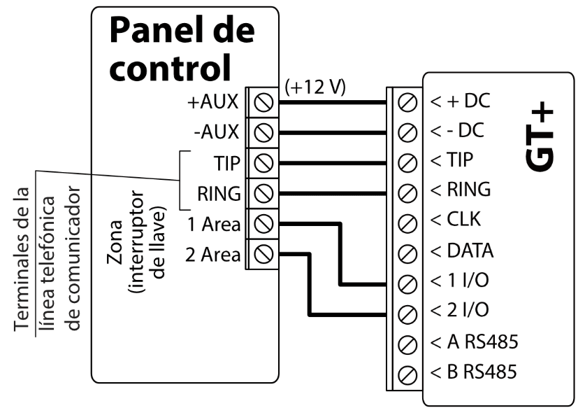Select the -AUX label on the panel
click(x=216, y=132)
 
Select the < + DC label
click(x=461, y=101)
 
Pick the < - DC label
click(x=459, y=132)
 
